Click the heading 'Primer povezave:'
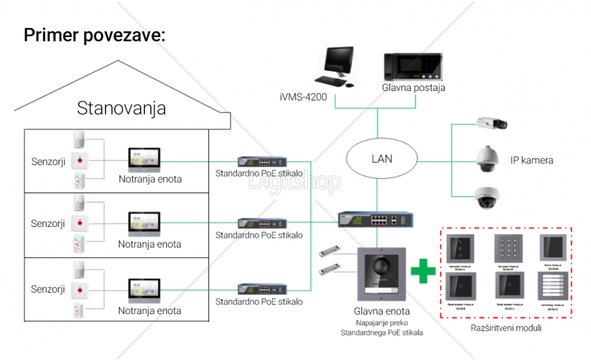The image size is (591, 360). [x=95, y=35]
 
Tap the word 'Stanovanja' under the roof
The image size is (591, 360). [x=122, y=109]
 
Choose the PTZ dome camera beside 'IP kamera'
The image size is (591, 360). [x=488, y=158]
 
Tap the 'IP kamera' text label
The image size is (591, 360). [x=532, y=160]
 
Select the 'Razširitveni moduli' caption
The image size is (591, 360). [x=505, y=327]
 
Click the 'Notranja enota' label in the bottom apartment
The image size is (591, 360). [x=150, y=311]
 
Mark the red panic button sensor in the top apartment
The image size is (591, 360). [x=81, y=160]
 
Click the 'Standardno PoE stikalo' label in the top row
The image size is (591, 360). [x=259, y=174]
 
